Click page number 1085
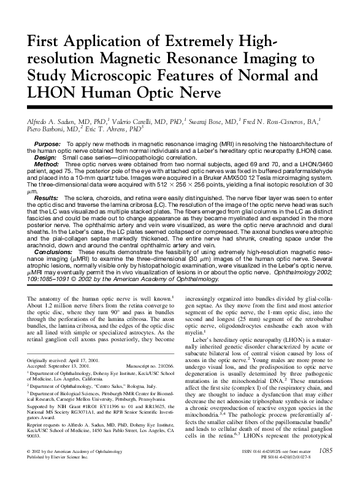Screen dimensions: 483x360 click(324, 469)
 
